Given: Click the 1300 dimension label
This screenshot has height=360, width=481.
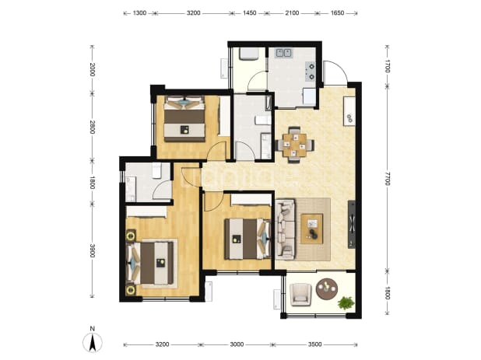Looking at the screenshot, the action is click(139, 13).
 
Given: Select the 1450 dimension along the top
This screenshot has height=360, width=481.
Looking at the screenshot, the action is click(249, 13).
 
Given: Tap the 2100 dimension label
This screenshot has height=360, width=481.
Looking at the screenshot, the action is click(292, 13).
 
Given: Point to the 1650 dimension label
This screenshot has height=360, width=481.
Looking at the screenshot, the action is click(337, 13).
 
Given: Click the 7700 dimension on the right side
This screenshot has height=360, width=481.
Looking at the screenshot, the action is click(387, 178).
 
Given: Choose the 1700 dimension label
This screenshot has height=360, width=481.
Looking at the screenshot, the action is click(387, 66).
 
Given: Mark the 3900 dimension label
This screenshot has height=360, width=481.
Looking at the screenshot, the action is click(93, 250).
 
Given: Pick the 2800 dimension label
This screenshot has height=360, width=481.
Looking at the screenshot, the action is click(93, 127).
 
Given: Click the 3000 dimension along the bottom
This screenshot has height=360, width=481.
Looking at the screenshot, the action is click(237, 344).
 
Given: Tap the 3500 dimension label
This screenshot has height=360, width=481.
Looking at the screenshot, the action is click(314, 344).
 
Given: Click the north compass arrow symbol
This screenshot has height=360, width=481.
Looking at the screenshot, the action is click(93, 342).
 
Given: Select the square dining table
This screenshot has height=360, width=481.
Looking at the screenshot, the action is click(294, 145).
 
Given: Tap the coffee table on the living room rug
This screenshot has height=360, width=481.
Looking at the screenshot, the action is click(312, 229).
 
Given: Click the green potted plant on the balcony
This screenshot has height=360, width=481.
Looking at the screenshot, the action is click(346, 302).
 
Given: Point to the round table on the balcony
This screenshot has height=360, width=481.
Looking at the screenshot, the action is click(327, 289).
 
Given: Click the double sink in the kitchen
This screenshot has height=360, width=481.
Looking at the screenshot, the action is click(284, 53).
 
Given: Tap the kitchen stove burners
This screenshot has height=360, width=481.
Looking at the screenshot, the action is click(311, 71).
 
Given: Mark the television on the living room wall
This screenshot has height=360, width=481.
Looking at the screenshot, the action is click(352, 224).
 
